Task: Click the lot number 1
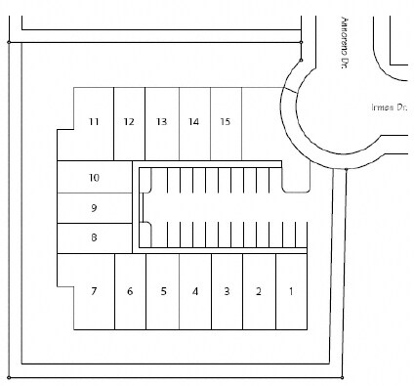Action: pos(290,291)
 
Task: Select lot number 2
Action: pos(259,291)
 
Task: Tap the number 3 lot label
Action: pos(227,291)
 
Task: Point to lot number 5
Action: pos(164,291)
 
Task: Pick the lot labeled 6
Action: pos(129,291)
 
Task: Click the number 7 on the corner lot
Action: pos(94,291)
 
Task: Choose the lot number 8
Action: pos(94,237)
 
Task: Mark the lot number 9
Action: pos(94,208)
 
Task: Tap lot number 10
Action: pos(94,178)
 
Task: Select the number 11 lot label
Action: pos(94,122)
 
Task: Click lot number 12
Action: pos(129,122)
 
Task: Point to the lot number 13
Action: pos(161,122)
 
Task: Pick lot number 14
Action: pos(194,122)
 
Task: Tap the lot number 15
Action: pos(226,122)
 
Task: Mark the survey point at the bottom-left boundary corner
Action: pos(8,375)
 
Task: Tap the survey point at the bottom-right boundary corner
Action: pos(343,376)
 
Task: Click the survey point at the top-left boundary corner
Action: pos(8,42)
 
